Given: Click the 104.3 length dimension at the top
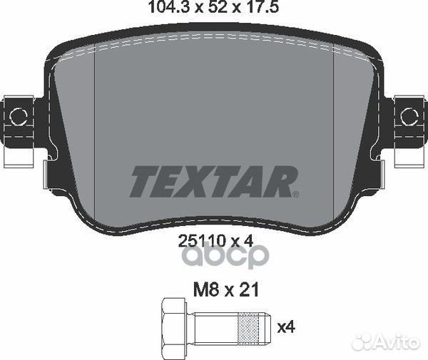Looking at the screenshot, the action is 170,7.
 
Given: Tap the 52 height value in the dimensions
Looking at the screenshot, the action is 218,7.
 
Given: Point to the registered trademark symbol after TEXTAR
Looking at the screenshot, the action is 296,195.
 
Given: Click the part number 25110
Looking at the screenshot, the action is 202,241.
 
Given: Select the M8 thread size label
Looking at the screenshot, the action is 206,289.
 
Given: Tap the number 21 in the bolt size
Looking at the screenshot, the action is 249,289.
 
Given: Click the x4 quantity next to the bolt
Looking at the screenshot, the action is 286,326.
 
